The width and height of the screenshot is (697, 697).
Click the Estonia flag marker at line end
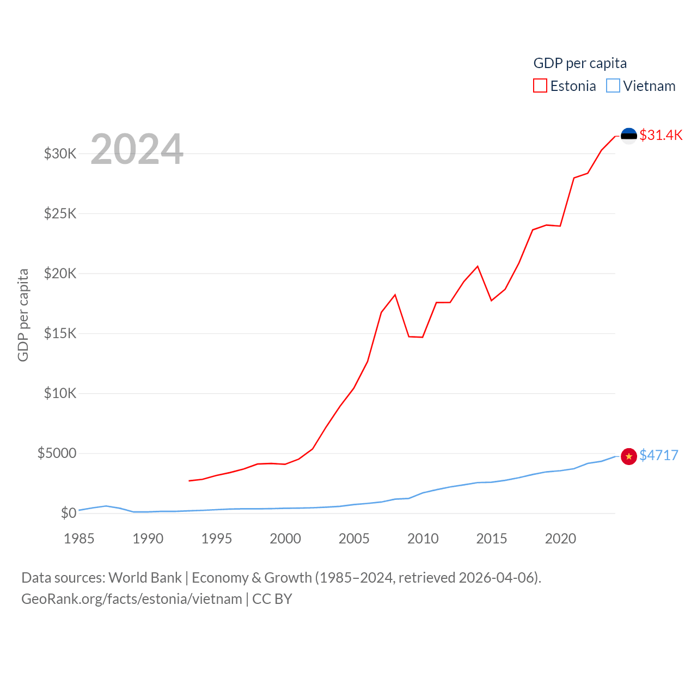click(x=629, y=136)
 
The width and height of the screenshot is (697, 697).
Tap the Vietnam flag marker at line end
click(x=629, y=456)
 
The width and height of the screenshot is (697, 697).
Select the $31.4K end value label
click(x=661, y=135)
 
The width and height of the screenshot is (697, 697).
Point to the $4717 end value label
click(x=659, y=455)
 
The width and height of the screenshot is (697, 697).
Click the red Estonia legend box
click(x=540, y=86)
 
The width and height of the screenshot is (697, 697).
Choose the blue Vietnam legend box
click(x=613, y=86)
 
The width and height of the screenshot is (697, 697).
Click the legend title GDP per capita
click(x=580, y=63)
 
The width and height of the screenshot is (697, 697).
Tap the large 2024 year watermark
click(x=137, y=149)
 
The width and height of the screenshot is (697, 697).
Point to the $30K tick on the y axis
click(x=60, y=154)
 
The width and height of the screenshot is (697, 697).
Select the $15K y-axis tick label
click(x=60, y=333)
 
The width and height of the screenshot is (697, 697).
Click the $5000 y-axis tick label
click(x=57, y=453)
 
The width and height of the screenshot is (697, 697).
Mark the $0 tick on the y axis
click(x=69, y=513)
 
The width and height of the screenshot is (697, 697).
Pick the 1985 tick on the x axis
click(x=79, y=539)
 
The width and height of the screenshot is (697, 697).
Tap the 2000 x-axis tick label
click(x=285, y=539)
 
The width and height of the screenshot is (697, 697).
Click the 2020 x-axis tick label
click(x=560, y=539)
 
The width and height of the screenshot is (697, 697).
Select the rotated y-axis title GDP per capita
click(x=23, y=315)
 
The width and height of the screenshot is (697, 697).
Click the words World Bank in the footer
click(x=145, y=577)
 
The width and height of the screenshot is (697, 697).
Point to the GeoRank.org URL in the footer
click(x=132, y=599)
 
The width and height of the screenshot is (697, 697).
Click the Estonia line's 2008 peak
click(x=395, y=295)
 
